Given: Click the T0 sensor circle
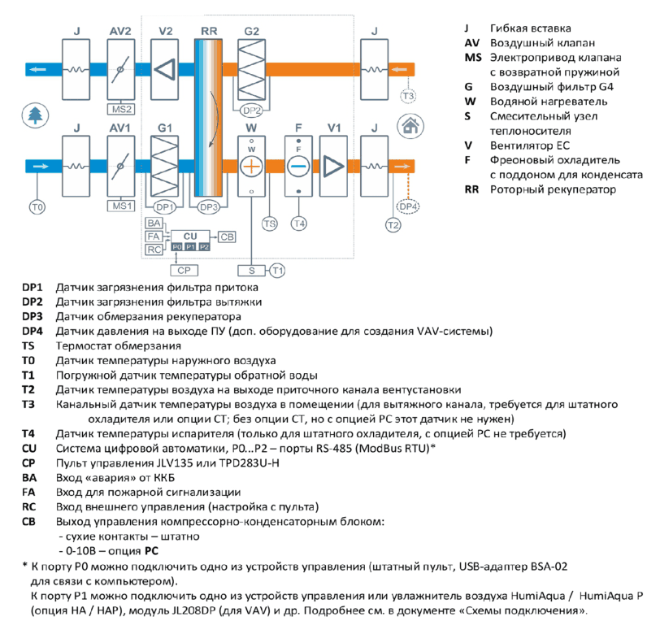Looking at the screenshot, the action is (x=37, y=207).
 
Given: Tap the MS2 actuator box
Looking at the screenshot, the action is (x=121, y=110).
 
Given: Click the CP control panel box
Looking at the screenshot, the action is (x=184, y=271).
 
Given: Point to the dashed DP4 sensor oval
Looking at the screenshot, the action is (x=408, y=206).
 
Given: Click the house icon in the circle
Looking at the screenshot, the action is (x=410, y=126).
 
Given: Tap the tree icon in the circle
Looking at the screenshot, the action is (x=36, y=115).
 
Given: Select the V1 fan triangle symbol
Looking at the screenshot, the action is (x=333, y=166).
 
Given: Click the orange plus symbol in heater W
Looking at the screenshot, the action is (x=251, y=167).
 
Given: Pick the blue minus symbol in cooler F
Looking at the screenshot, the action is (x=298, y=167).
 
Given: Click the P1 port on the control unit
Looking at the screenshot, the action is (x=191, y=247).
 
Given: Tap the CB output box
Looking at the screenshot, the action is (x=227, y=237).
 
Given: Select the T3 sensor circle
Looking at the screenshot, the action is (x=408, y=96).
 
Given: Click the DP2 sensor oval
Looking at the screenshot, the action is (x=251, y=111).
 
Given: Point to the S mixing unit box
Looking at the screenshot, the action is (x=251, y=271).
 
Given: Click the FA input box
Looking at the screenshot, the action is (x=154, y=237).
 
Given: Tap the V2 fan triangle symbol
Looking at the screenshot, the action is (x=164, y=69).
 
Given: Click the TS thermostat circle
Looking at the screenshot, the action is (x=269, y=224).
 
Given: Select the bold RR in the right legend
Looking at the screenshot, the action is (x=471, y=189).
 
